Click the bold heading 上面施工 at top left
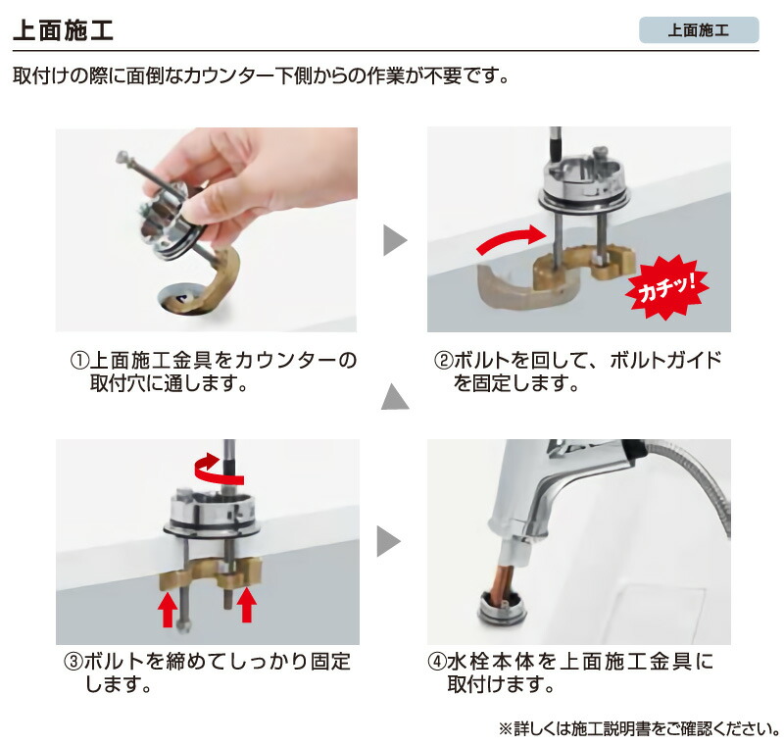64,29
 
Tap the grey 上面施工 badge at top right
698,29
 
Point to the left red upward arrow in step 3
168,608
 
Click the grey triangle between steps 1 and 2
393,240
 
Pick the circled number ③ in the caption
73,662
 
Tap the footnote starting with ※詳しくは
638,729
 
